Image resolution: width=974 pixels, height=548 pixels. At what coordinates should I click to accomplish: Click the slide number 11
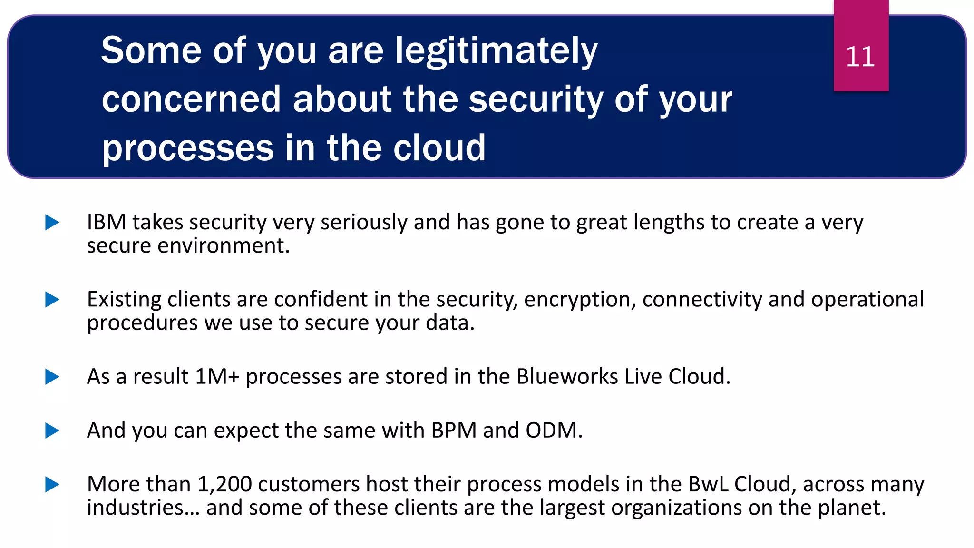(x=860, y=57)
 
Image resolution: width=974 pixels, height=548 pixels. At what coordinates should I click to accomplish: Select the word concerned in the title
(x=191, y=99)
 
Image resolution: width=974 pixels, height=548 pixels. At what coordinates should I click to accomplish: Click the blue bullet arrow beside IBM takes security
(x=52, y=222)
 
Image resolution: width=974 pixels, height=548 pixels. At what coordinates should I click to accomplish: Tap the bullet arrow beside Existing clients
(x=52, y=300)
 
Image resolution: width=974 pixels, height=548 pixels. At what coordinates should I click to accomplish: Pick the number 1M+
(x=217, y=377)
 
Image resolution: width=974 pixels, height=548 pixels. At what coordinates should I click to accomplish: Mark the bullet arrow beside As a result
(x=52, y=377)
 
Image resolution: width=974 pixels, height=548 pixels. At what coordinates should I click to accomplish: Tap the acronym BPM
(x=454, y=431)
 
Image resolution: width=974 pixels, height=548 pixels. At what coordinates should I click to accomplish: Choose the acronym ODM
(x=551, y=431)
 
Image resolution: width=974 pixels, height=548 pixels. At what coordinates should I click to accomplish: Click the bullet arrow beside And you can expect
(x=52, y=431)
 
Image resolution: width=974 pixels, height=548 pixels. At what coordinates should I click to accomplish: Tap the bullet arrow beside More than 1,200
(x=52, y=484)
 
